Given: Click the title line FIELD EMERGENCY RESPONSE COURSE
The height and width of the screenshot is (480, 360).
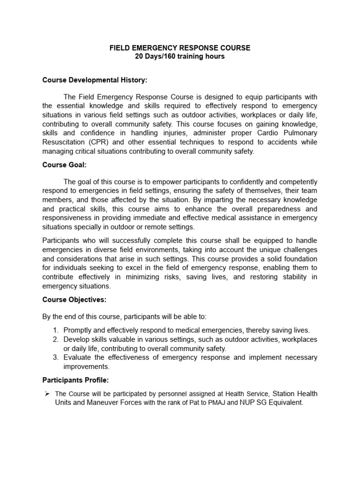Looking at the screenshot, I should (x=180, y=48).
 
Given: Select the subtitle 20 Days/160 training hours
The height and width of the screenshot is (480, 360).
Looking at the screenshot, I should (x=180, y=57).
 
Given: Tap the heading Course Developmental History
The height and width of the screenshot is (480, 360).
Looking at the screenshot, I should (x=95, y=80).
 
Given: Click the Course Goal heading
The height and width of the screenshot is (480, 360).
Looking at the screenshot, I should (x=63, y=165).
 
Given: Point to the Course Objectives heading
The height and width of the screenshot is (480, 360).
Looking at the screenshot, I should (x=75, y=299).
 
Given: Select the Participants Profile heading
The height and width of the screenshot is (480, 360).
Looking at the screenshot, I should (x=76, y=380).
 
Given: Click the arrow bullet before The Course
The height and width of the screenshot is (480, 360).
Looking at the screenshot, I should (x=46, y=393).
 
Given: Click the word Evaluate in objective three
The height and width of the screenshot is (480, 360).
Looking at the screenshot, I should (x=78, y=358).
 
